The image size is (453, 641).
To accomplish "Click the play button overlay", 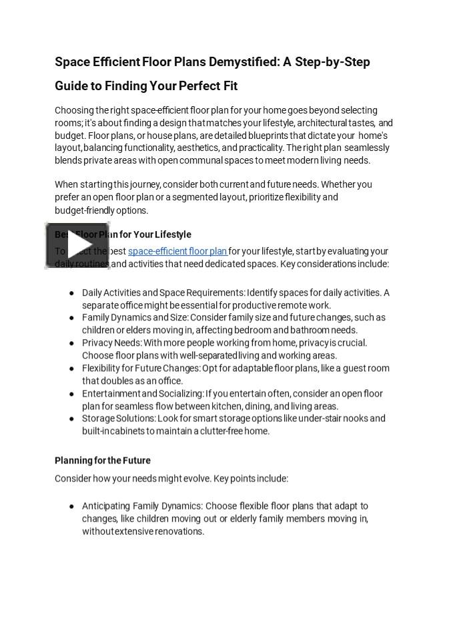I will [77, 246].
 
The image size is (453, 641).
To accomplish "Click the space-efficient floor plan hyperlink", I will [177, 251].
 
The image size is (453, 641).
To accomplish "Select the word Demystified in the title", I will [244, 62].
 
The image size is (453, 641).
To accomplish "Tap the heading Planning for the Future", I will [103, 460].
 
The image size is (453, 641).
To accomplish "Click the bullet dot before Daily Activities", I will [71, 293].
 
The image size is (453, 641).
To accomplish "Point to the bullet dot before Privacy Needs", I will [71, 343].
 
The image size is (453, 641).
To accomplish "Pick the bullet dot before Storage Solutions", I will [71, 419].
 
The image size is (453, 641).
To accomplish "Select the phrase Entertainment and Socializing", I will [142, 393].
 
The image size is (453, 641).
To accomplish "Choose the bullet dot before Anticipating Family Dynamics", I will [71, 507].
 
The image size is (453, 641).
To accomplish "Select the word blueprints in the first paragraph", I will [288, 135].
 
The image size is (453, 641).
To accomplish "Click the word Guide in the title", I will [71, 86].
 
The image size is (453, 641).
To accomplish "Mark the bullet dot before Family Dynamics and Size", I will [71, 318].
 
